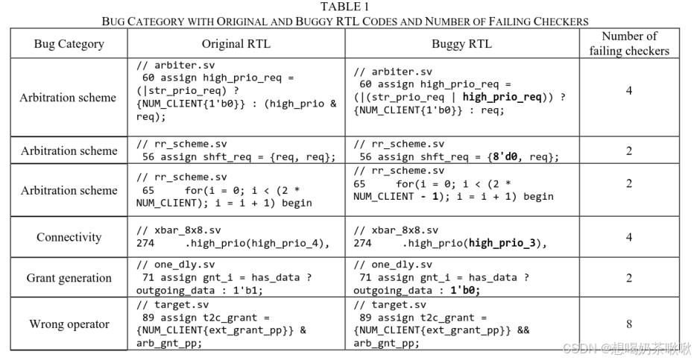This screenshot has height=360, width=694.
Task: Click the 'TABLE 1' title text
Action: [x=345, y=7]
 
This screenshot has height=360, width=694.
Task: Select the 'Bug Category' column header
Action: [x=69, y=44]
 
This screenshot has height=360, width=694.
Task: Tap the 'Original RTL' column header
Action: [x=236, y=44]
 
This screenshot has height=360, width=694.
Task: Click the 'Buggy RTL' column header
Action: [x=461, y=44]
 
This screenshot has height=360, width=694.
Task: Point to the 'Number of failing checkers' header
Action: [x=629, y=43]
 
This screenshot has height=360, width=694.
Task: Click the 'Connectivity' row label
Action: [x=69, y=237]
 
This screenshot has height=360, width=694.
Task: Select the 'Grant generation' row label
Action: [x=69, y=278]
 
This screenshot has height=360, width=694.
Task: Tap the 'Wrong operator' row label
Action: [x=69, y=324]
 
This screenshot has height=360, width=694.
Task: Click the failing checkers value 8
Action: [x=629, y=324]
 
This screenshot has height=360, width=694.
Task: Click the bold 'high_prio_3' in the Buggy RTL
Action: [x=502, y=243]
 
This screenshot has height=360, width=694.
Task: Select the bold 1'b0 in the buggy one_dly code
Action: [x=464, y=291]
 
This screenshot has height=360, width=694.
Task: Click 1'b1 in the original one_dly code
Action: [x=247, y=291]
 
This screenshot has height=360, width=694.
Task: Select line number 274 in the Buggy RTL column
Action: [x=362, y=243]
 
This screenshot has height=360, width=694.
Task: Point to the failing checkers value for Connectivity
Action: [x=629, y=237]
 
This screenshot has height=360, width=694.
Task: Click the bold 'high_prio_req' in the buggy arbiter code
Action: [x=502, y=97]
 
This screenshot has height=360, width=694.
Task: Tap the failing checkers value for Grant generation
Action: [x=629, y=278]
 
